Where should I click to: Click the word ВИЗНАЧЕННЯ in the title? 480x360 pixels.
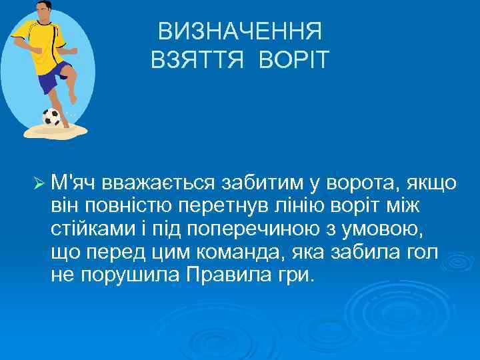(240, 31)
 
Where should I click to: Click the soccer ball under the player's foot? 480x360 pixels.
(51, 117)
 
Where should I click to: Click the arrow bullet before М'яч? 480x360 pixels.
(37, 182)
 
